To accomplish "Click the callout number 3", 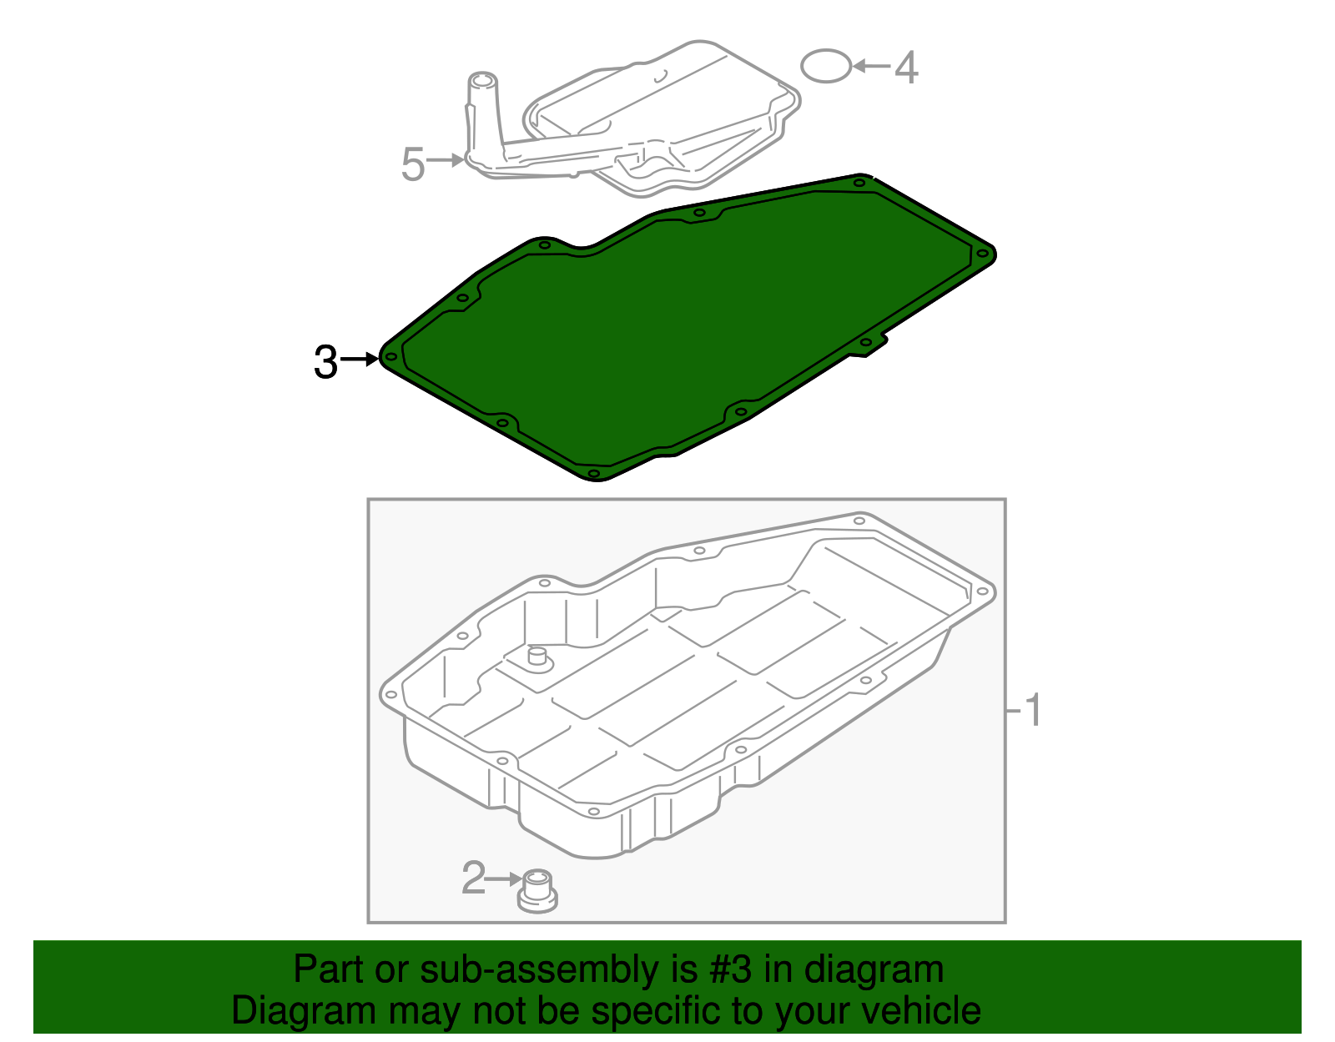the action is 325,361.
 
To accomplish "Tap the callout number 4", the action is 906,68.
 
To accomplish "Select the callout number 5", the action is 413,164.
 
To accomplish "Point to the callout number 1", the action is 1033,711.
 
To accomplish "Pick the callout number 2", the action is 473,878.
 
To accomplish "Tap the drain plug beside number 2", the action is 537,891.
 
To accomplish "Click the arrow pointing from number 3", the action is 360,359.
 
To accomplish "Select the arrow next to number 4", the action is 872,66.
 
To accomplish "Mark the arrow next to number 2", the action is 504,879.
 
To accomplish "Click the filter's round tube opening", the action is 482,80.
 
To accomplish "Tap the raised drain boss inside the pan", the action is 537,659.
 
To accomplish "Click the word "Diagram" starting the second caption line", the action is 304,1012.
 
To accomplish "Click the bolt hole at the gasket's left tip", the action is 390,357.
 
